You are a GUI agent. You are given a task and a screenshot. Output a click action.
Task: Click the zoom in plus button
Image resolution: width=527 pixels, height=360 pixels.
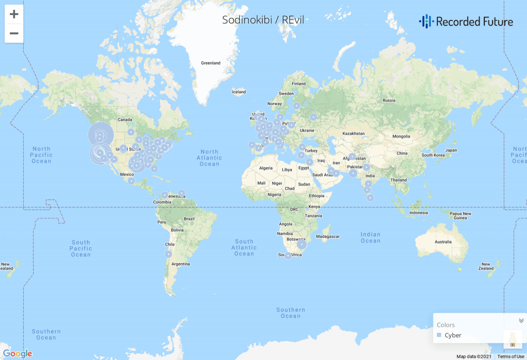coord(14,14)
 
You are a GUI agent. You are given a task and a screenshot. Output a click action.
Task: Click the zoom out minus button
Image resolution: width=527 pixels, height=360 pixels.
coord(14,33)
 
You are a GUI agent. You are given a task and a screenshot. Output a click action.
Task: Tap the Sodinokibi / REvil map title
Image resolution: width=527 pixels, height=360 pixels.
coord(263,20)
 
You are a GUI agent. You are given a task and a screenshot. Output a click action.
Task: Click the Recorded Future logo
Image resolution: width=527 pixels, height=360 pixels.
coord(466,21)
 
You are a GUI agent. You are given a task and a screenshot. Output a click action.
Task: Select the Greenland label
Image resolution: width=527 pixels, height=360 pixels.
coord(210,63)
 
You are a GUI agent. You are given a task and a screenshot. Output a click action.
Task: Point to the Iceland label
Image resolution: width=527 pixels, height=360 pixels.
coord(239,92)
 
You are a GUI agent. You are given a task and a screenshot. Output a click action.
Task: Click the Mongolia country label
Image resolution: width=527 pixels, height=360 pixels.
coord(401,136)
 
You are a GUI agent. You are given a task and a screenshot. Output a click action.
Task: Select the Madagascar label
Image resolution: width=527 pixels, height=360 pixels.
coord(328,236)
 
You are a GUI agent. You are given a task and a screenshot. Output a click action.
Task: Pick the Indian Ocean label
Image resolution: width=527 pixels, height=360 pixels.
coord(371,237)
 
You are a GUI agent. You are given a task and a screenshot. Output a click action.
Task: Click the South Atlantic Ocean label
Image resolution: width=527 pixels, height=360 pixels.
coord(244,247)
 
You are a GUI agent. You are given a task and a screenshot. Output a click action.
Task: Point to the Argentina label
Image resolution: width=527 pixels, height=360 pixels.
coord(181,264)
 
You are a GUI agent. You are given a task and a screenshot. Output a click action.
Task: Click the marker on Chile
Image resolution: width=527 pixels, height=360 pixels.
coord(168,254)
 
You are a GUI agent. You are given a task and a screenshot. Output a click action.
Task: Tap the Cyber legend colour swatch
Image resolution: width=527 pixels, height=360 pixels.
coord(439,335)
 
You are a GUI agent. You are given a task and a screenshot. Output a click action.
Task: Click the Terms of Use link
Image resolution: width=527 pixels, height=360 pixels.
coord(511,356)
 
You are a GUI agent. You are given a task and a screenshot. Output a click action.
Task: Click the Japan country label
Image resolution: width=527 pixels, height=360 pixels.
coord(451,150)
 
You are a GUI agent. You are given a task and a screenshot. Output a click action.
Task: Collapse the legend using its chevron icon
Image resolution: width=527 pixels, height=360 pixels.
coord(521,320)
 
